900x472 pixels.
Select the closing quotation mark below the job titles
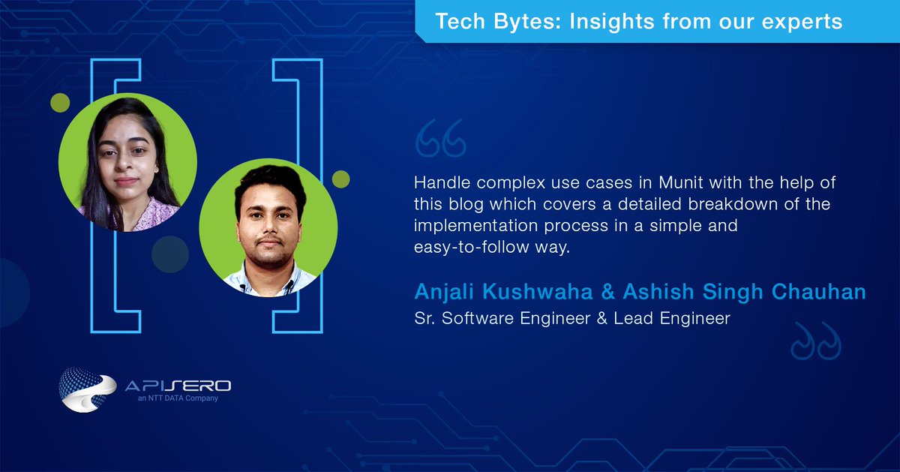coord(816,341)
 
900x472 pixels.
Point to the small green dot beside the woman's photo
coord(60,103)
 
